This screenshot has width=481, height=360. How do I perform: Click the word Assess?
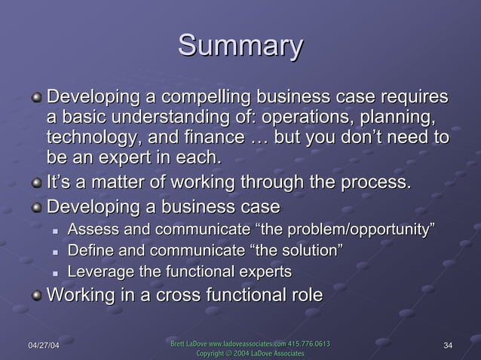(x=91, y=229)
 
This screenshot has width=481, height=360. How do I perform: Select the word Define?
(x=90, y=250)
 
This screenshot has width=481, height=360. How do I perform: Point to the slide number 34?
(x=449, y=346)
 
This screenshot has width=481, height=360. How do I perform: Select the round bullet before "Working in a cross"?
(x=37, y=294)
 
